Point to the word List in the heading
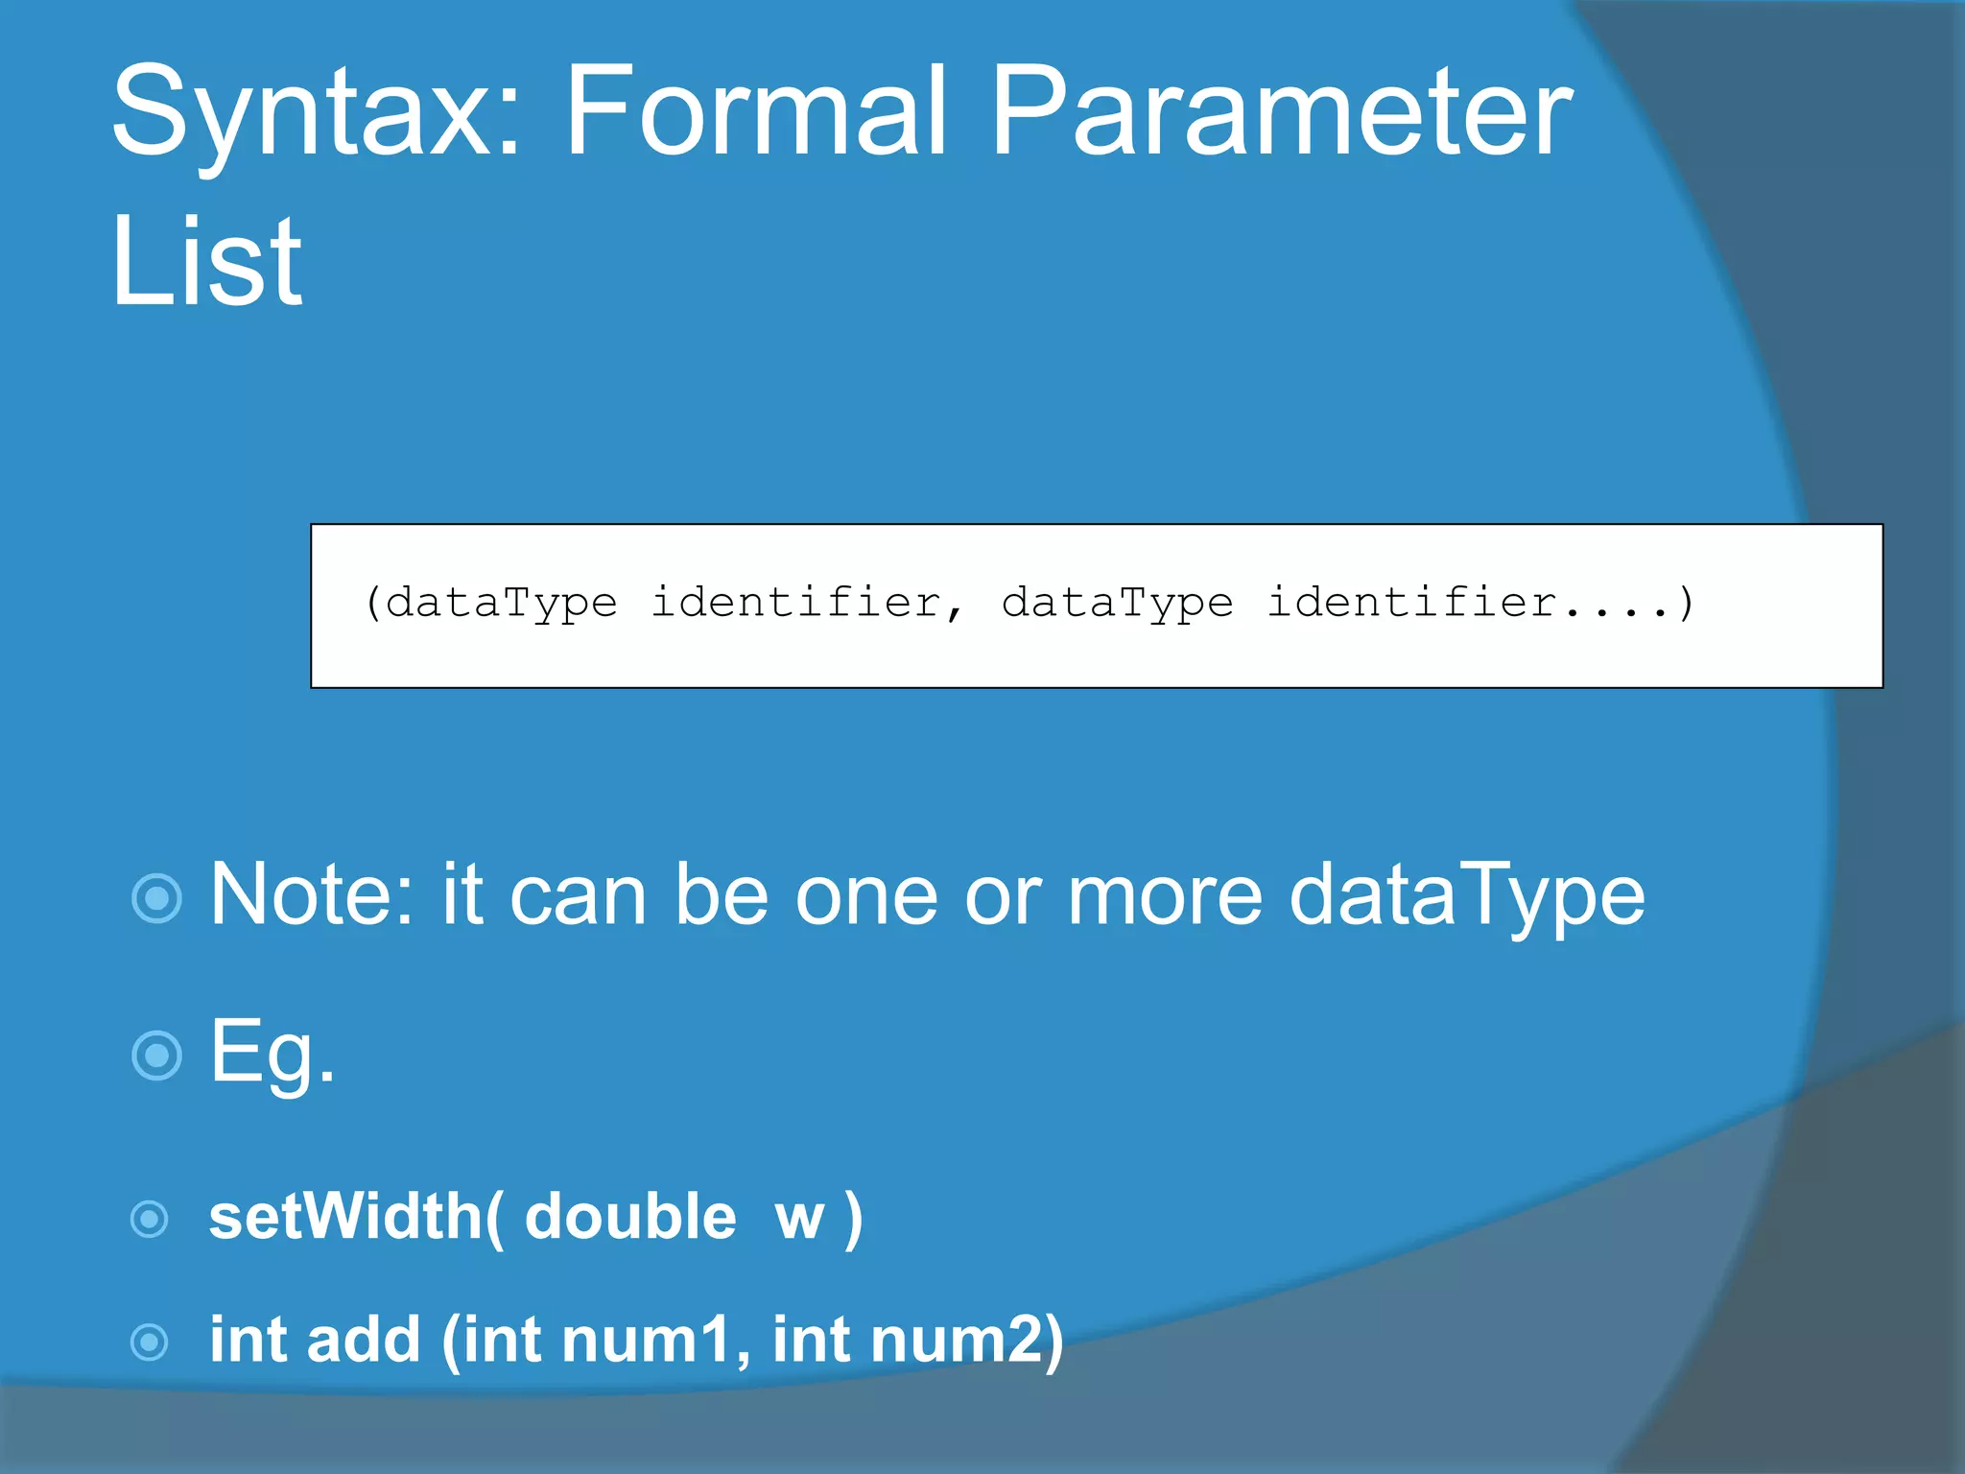(x=206, y=261)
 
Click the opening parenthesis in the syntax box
(x=373, y=603)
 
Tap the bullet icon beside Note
(x=156, y=899)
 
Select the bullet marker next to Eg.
(x=156, y=1056)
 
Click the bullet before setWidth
(x=150, y=1220)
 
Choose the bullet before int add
(x=150, y=1342)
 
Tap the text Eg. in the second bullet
(x=272, y=1053)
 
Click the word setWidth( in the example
(x=356, y=1217)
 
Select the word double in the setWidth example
(x=630, y=1217)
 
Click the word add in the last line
(x=364, y=1339)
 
